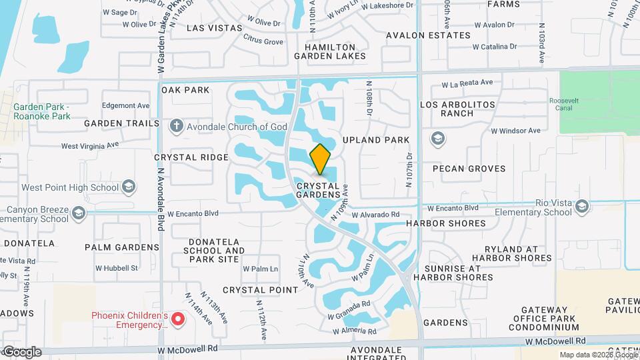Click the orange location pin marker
pos(320,159)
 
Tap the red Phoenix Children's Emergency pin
pos(178,319)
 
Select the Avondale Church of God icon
pos(177,126)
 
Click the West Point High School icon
pos(129,187)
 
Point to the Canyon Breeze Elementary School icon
pos(79,213)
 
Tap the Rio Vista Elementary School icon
pos(582,206)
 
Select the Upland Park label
pos(375,140)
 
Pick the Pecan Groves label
pos(469,169)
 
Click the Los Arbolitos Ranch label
pos(457,109)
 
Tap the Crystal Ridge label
pos(191,157)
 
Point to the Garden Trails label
pos(122,123)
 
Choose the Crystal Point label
pos(260,290)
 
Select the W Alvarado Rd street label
pos(375,215)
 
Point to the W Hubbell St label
pos(116,268)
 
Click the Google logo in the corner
pos(21,351)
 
